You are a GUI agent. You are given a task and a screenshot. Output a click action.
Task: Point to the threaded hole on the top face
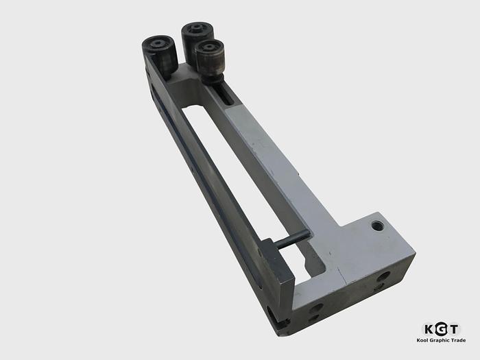click(377, 224)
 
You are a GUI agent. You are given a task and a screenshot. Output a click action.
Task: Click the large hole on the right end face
click(384, 276)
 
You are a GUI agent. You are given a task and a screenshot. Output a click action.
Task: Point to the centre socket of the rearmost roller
click(196, 28)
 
